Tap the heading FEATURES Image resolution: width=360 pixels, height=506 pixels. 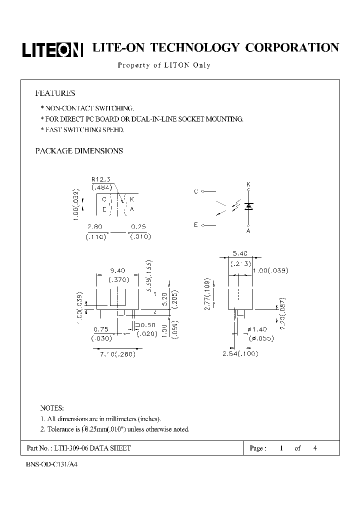click(55, 93)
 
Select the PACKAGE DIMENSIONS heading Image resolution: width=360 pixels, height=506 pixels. click(79, 150)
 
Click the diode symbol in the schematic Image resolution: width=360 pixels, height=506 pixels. click(248, 206)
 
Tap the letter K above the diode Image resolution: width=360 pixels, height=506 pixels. click(248, 185)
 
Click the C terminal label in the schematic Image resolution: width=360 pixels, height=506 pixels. click(195, 191)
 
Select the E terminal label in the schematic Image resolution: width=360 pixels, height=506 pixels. click(195, 225)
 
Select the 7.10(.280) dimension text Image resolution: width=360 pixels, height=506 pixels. click(115, 354)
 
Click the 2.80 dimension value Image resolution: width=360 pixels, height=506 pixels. click(94, 226)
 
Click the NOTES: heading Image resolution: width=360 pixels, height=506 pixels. click(52, 408)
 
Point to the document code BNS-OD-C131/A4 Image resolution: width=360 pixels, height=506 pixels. click(52, 464)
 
